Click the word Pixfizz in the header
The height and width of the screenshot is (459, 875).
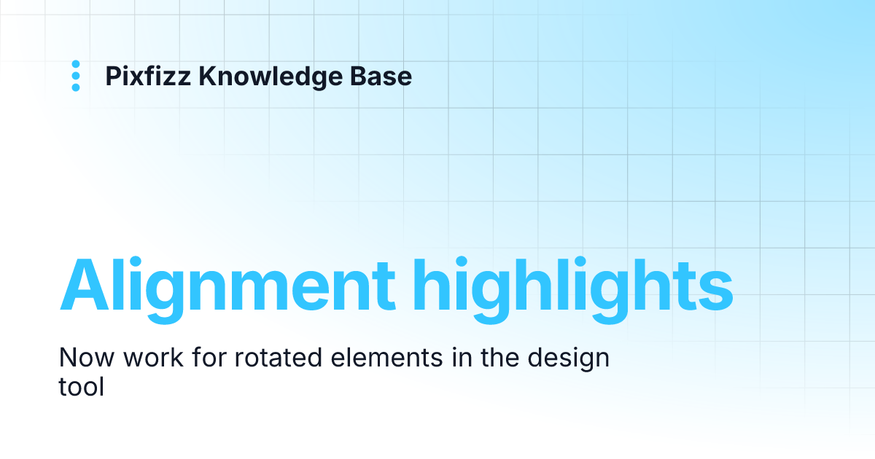point(147,76)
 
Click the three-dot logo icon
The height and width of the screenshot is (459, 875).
point(75,76)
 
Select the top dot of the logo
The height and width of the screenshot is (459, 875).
point(75,64)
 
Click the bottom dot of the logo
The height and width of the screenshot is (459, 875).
point(75,87)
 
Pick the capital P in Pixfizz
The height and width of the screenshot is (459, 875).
point(113,76)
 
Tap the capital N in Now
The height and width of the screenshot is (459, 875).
point(68,358)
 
